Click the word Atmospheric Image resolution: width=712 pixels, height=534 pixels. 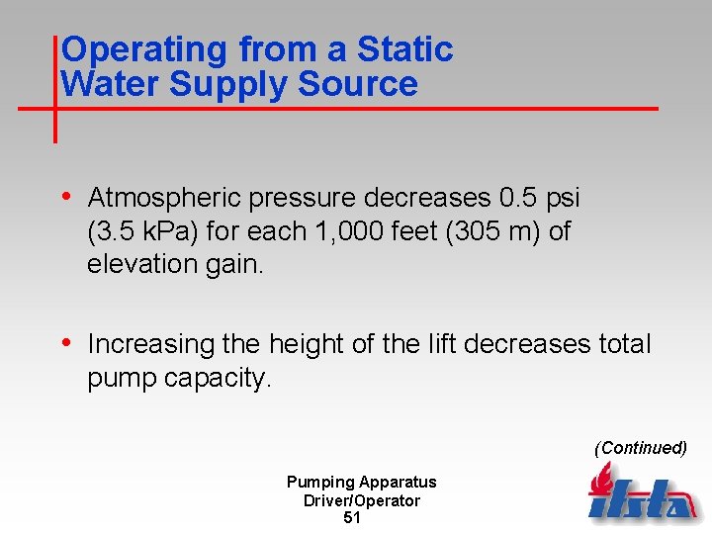[163, 199]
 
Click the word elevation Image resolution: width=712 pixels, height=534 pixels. [131, 264]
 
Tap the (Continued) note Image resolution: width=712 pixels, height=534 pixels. [640, 448]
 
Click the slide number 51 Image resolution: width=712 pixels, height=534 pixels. [351, 518]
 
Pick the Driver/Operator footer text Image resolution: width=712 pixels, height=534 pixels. [361, 500]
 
